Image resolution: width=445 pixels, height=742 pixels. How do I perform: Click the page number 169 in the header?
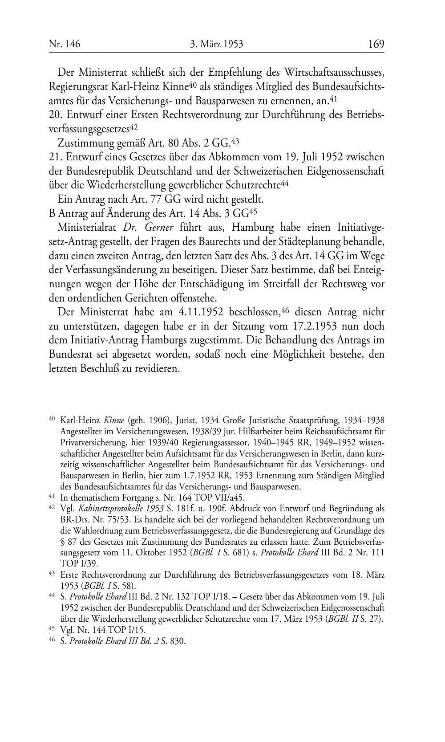376,44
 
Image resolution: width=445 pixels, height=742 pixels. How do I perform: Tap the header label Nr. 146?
65,44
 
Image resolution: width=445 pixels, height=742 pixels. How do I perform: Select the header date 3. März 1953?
216,44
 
